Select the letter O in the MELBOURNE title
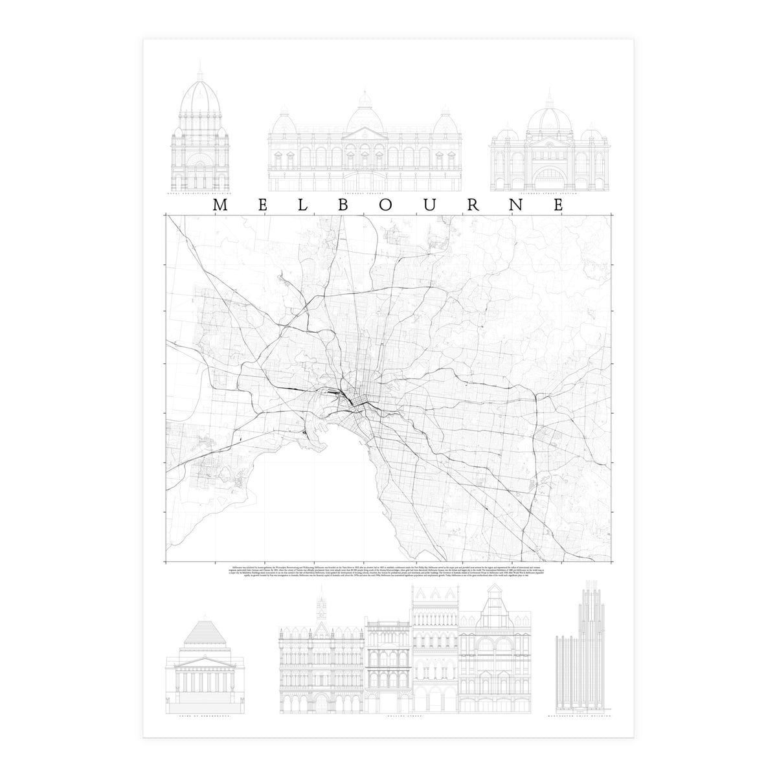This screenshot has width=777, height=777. pyautogui.click(x=387, y=205)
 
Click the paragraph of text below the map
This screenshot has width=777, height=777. pyautogui.click(x=388, y=573)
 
